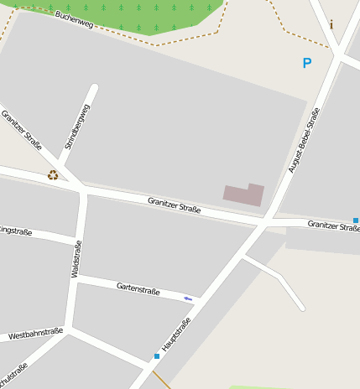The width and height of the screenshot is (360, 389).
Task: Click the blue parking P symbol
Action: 307,63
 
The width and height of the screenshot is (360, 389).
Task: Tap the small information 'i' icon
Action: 331,25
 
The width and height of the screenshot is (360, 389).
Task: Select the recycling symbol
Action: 53,175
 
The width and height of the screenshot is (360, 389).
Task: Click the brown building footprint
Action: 243,194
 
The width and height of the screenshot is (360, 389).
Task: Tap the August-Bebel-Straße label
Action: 304,140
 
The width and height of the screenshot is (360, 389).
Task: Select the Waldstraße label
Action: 76,258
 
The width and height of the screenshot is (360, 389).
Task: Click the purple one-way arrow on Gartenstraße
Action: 188,298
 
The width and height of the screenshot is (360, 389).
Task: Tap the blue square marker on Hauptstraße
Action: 157,356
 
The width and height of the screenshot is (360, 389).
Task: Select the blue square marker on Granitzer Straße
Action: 356,220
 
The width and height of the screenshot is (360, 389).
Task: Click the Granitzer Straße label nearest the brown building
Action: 174,204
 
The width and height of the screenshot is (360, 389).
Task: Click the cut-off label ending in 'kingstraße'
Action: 15,230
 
